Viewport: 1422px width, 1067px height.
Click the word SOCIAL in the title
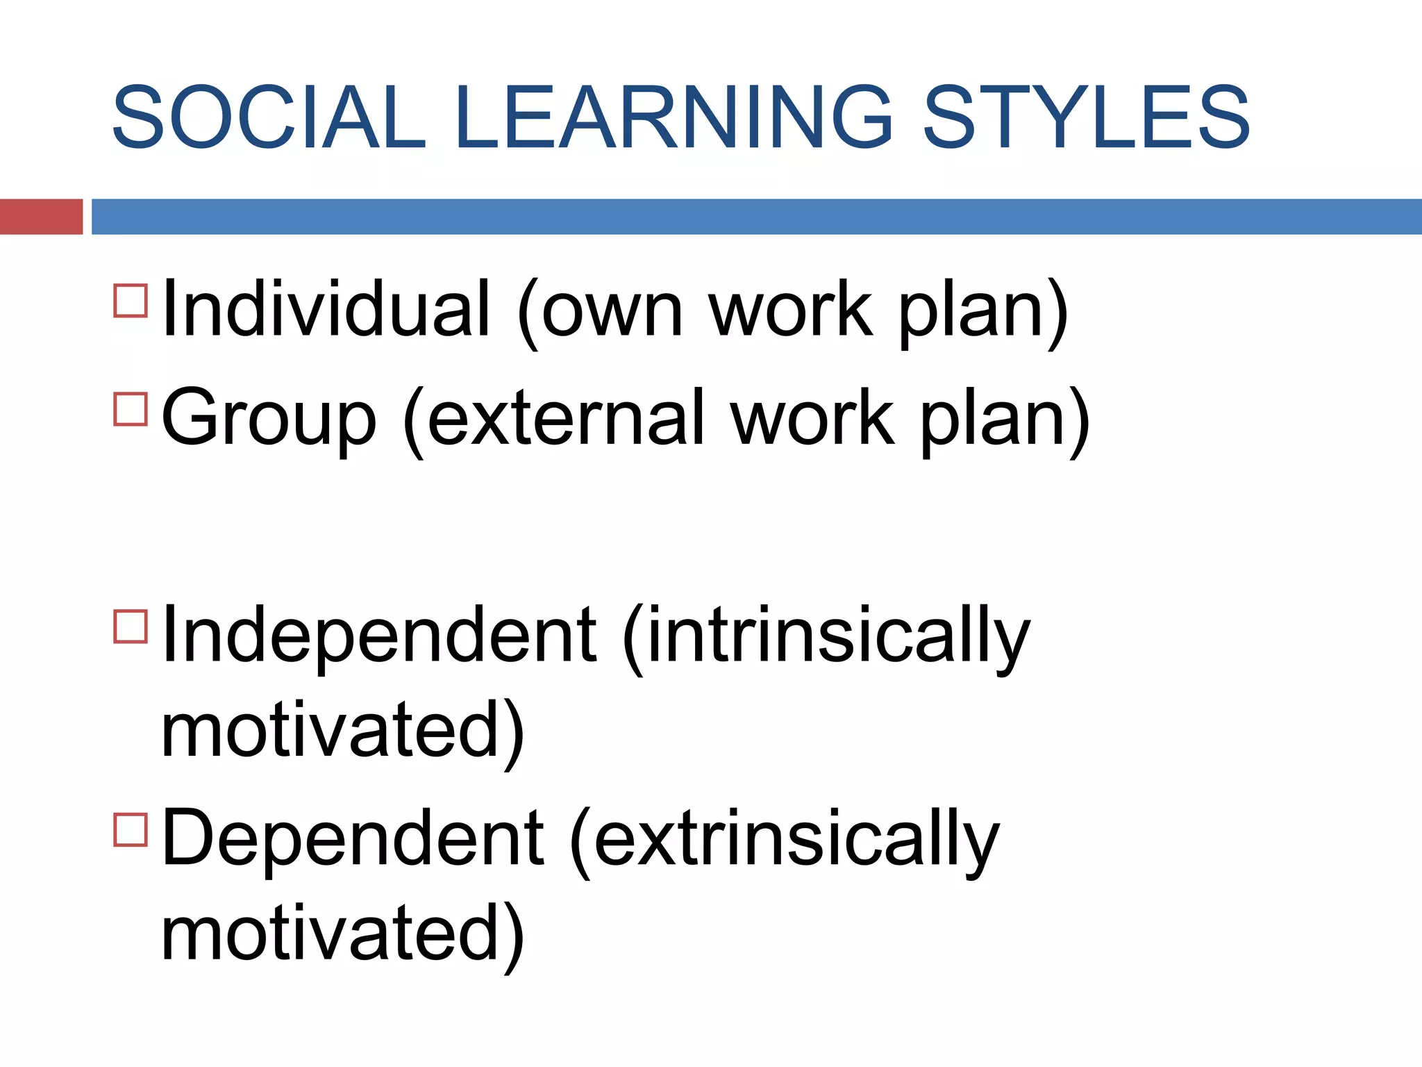click(269, 117)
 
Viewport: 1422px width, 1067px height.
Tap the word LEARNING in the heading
click(673, 117)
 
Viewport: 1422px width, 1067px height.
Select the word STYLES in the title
click(1086, 117)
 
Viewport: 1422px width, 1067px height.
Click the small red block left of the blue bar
click(41, 217)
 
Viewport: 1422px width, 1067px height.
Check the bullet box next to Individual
click(131, 300)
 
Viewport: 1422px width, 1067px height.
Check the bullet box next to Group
click(131, 408)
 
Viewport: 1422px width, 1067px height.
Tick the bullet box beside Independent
click(131, 626)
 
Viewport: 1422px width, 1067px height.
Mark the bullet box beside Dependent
click(131, 829)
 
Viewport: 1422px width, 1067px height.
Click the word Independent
click(378, 635)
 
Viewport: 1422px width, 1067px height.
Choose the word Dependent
click(352, 838)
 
